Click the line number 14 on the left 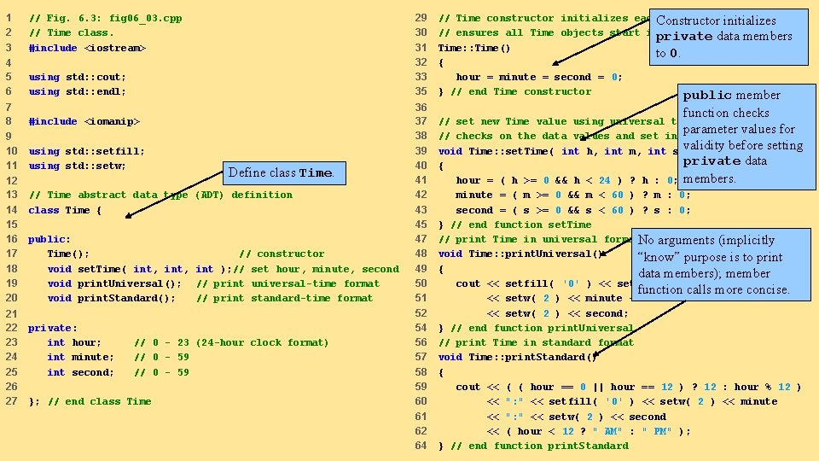[x=12, y=210]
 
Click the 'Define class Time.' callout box [x=283, y=172]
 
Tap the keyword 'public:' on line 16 [x=49, y=240]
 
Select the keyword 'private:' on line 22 [x=53, y=328]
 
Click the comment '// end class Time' [x=100, y=401]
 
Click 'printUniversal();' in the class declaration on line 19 [x=129, y=283]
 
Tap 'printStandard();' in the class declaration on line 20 [x=126, y=298]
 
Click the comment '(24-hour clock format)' [x=262, y=342]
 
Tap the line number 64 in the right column [x=421, y=446]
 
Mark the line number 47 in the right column [x=421, y=240]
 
